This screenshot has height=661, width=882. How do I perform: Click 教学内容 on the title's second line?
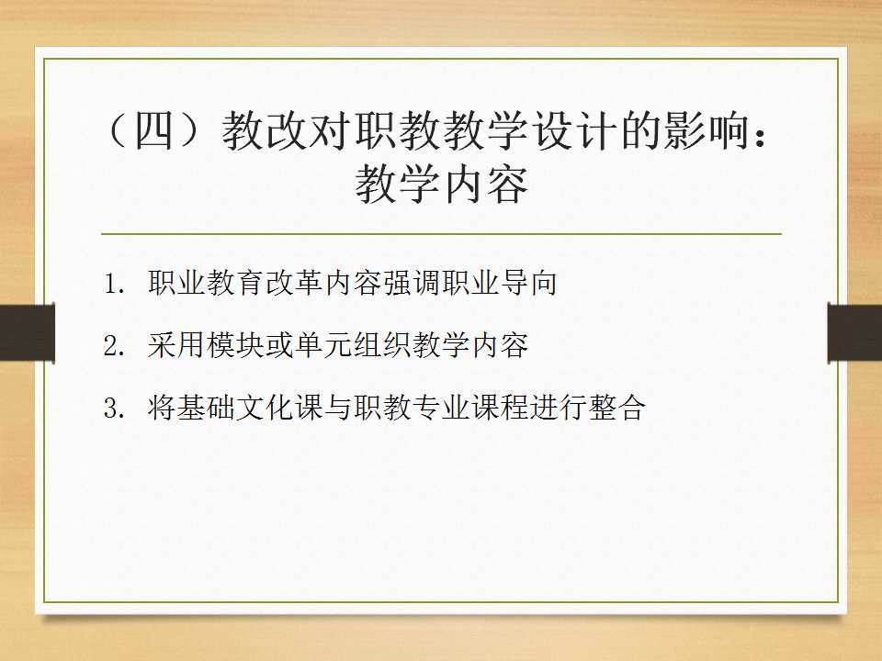pos(442,184)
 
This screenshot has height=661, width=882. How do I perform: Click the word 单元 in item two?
pos(323,344)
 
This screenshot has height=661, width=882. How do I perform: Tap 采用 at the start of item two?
pos(176,344)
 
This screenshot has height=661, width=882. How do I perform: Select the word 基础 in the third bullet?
pos(206,407)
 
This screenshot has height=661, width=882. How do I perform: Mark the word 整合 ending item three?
pos(617,407)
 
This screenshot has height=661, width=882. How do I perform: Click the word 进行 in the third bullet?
pos(559,407)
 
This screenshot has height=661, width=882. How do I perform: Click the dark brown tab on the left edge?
pos(27,332)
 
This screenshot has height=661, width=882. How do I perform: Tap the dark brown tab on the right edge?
pos(855,332)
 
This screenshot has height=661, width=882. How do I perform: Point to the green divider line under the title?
pos(442,233)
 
